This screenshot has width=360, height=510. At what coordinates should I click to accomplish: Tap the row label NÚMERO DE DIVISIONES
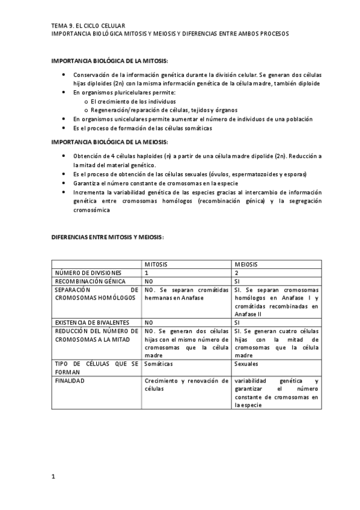pos(88,273)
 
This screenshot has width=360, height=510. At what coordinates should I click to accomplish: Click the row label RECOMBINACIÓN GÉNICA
pos(90,281)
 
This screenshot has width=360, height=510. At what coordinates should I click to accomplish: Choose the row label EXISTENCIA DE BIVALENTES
pos(93,322)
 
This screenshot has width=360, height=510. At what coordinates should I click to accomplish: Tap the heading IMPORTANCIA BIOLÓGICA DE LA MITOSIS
pos(110,61)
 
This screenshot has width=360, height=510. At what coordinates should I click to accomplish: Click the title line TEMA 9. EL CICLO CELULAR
pos(88,26)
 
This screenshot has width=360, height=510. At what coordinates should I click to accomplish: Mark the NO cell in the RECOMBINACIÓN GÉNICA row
pos(149,281)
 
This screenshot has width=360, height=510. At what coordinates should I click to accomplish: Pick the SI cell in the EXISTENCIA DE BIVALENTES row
pos(237,322)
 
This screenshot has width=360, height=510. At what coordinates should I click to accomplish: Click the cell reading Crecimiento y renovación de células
pos(186,384)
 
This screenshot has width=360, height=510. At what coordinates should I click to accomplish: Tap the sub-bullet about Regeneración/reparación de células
pos(156,110)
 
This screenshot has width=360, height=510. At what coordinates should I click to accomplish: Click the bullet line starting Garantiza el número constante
pos(156,183)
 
